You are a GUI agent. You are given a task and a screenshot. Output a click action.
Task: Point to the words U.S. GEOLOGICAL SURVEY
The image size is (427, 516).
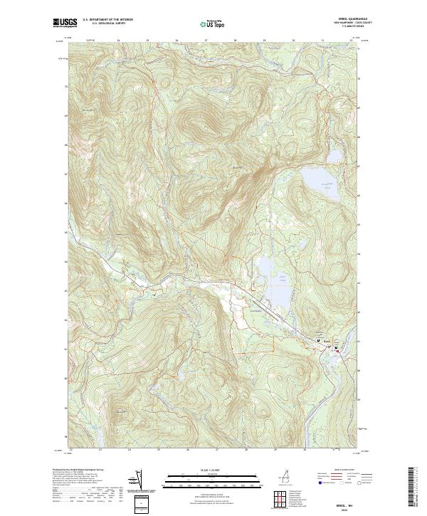(109, 24)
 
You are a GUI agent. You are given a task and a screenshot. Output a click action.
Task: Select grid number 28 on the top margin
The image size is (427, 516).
(235, 41)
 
